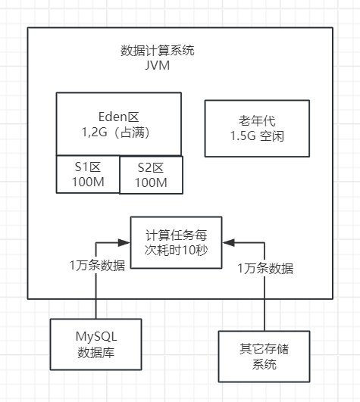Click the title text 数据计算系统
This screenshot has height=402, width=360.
[158, 51]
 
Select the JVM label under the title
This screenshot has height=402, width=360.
[158, 66]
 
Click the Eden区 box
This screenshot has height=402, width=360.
[119, 123]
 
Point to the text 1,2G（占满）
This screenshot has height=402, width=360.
[119, 132]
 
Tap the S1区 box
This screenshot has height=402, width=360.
[88, 174]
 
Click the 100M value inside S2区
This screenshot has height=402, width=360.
[152, 184]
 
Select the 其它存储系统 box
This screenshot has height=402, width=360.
[265, 356]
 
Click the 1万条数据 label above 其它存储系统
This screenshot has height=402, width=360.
[265, 268]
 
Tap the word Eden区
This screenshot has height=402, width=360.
[119, 117]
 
